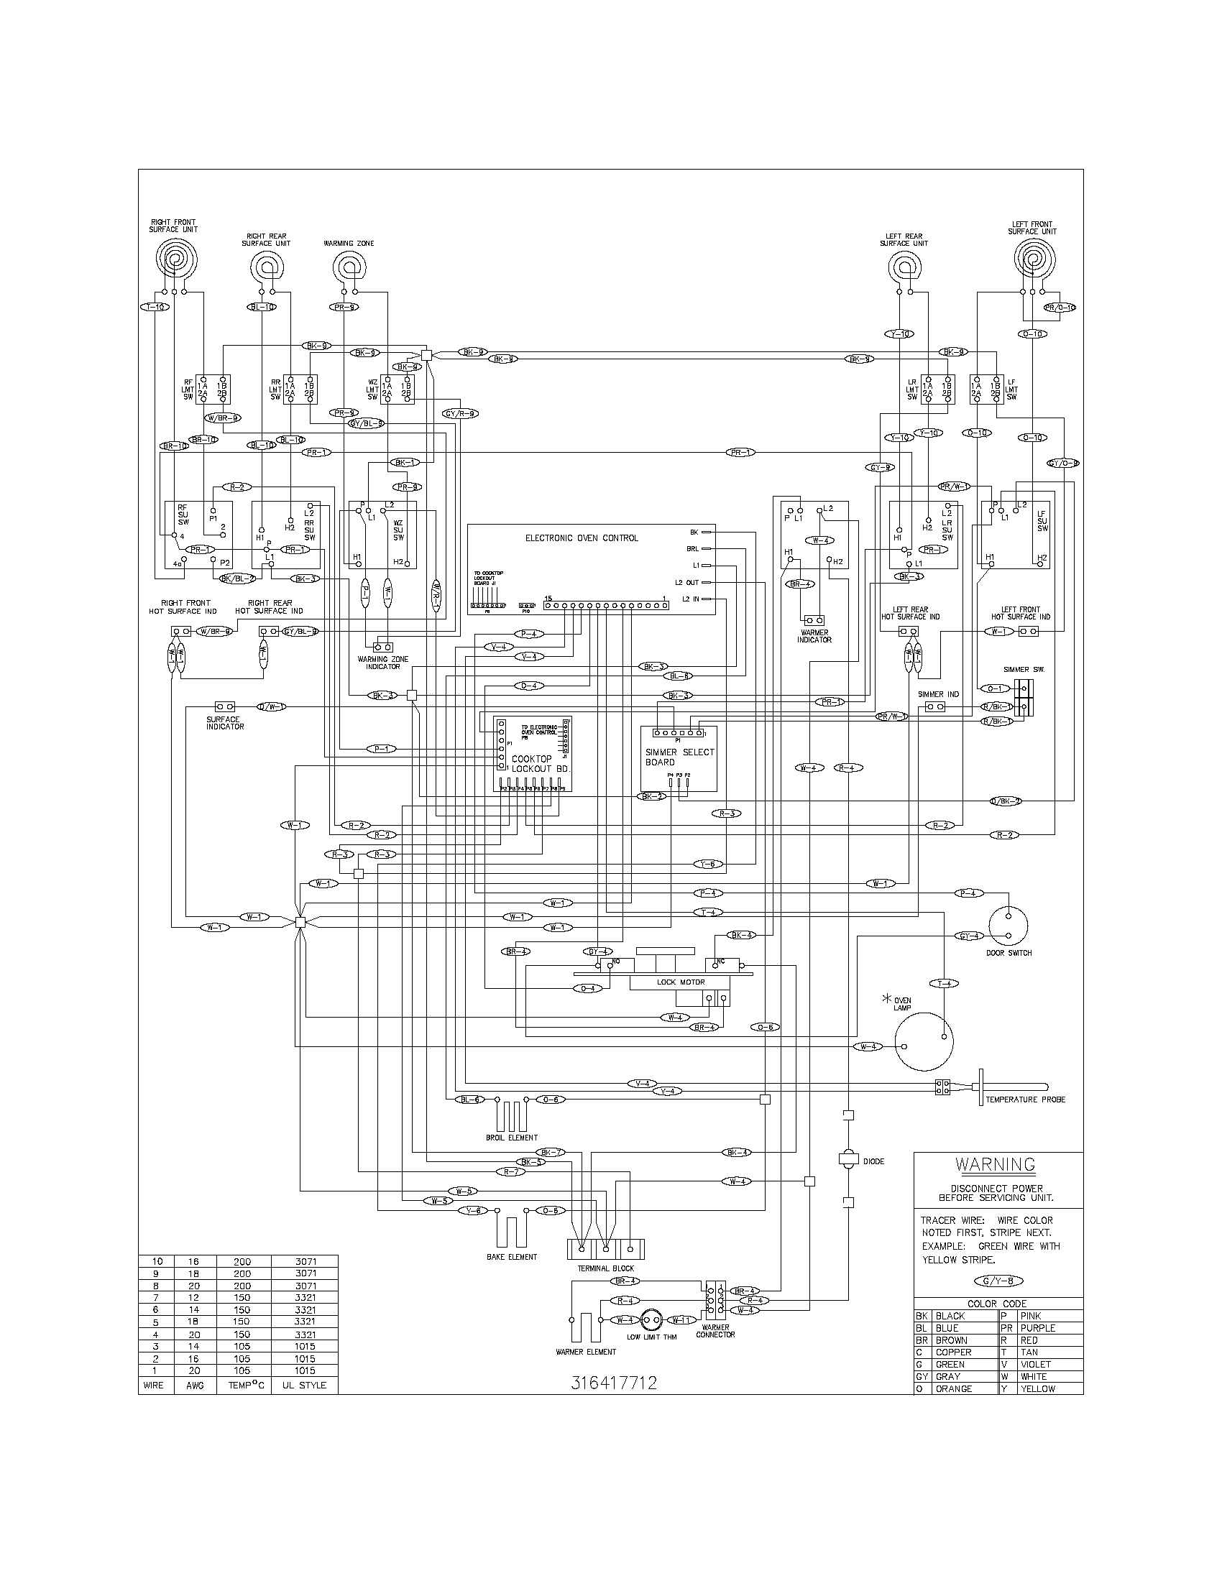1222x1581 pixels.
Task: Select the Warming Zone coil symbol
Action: click(x=349, y=270)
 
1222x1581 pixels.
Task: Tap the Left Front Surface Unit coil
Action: click(x=1032, y=260)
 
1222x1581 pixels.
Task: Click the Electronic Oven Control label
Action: click(x=582, y=538)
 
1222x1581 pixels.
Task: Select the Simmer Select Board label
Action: click(x=679, y=757)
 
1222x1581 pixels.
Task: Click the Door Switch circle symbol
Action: click(x=1008, y=924)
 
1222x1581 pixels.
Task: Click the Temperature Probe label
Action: click(x=1024, y=1120)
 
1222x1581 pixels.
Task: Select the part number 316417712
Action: click(x=613, y=1383)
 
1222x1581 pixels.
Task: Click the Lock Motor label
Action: click(x=680, y=982)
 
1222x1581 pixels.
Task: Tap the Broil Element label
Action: click(x=511, y=1138)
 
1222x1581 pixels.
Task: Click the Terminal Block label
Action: click(x=605, y=1269)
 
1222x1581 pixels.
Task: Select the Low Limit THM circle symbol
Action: click(x=651, y=1319)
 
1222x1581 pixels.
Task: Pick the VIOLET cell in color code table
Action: click(x=1035, y=1364)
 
